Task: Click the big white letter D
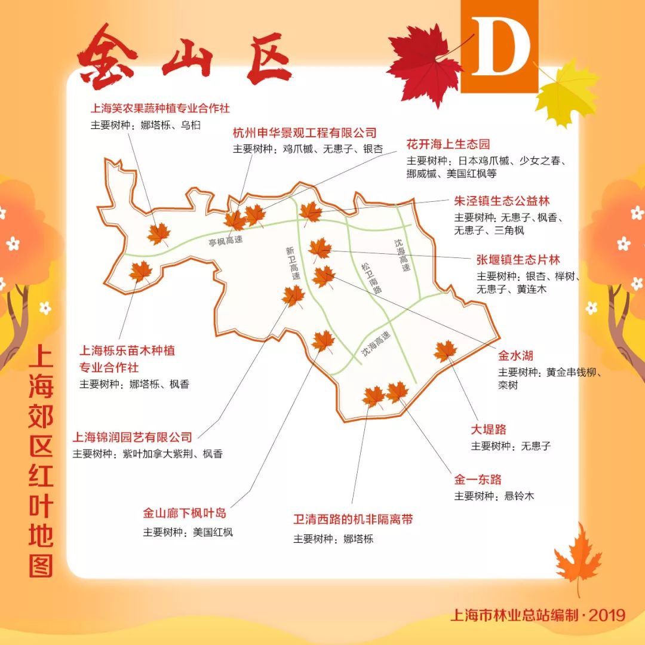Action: click(500, 47)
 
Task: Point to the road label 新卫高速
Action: click(293, 265)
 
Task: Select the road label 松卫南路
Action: click(371, 277)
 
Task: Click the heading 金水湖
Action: click(515, 356)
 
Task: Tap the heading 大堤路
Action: click(489, 429)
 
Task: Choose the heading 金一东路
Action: click(478, 479)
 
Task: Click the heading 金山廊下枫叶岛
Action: click(185, 513)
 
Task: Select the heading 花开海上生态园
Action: click(448, 144)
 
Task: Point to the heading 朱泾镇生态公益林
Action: click(502, 201)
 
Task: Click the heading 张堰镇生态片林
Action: click(518, 260)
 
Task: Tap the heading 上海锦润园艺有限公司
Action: click(132, 437)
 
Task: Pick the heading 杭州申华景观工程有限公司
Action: click(305, 133)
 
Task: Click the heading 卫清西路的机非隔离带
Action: click(353, 519)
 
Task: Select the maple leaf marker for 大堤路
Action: click(446, 351)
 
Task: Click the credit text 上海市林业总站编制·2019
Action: click(537, 615)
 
